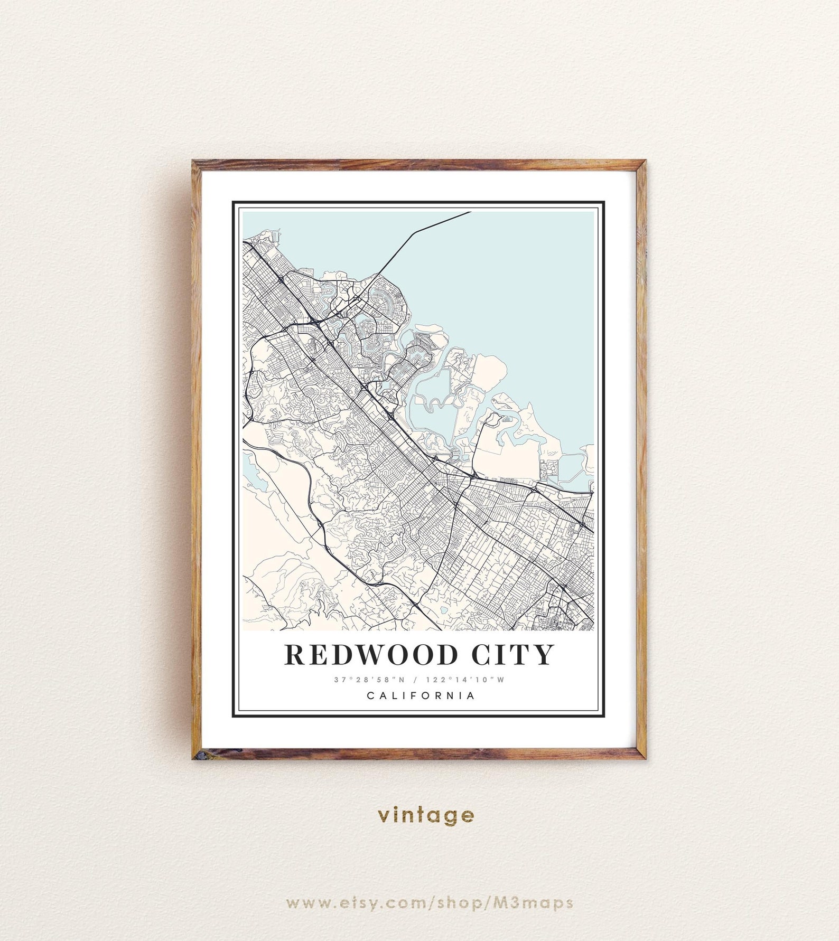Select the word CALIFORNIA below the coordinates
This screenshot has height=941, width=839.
click(x=421, y=695)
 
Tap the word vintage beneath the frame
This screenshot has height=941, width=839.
click(x=426, y=815)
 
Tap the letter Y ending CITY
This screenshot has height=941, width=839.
click(x=544, y=654)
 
